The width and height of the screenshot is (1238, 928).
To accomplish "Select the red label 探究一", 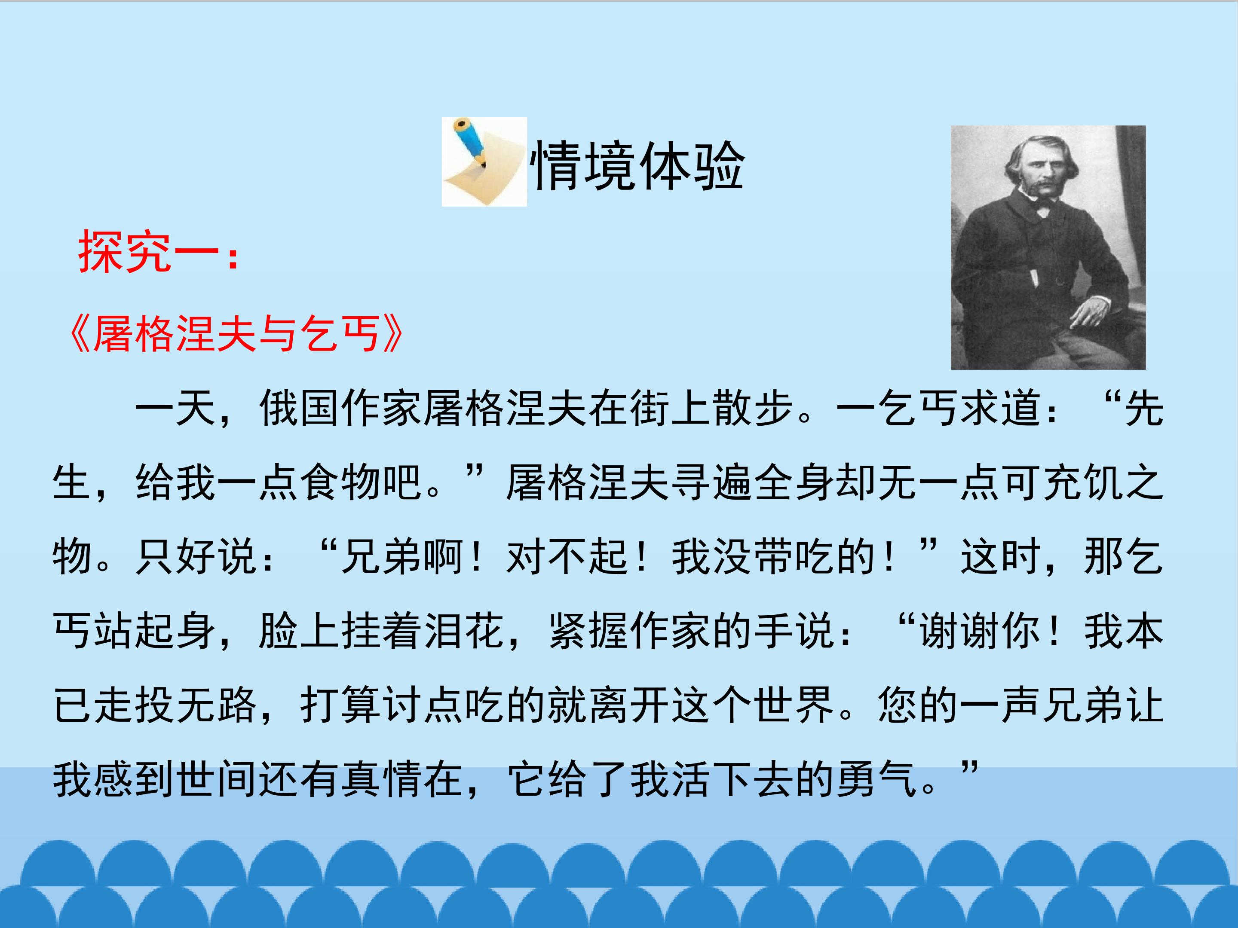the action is click(x=159, y=252).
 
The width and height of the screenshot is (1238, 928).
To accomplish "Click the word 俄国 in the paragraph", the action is click(x=300, y=408).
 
